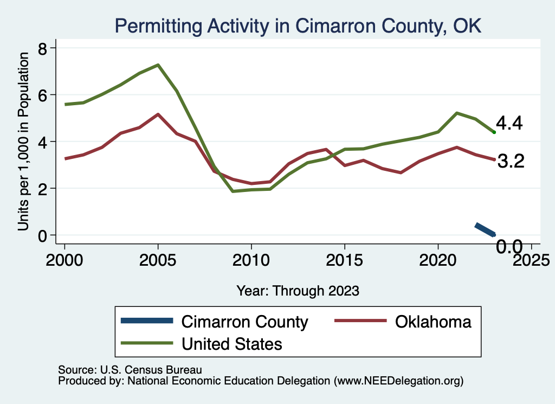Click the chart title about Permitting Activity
coord(297,25)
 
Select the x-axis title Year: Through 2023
coord(298,291)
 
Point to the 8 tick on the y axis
coord(44,48)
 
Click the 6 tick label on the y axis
coord(44,95)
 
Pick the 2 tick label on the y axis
coord(44,188)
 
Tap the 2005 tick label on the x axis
coord(158,260)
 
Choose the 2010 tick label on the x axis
coord(251,260)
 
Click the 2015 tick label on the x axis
coord(344,260)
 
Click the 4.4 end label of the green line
coord(509,124)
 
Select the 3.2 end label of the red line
coord(510,161)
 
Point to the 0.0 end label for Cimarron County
coord(509,247)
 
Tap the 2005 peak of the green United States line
coord(158,65)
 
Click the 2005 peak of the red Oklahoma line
coord(158,114)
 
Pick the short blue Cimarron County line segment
coord(485,229)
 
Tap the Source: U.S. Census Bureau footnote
coord(130,370)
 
